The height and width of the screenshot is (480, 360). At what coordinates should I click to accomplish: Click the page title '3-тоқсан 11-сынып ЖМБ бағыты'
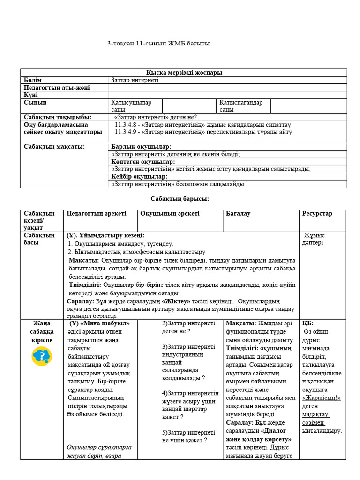(158, 44)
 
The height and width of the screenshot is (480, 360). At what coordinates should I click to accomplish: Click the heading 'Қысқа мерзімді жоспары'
(184, 73)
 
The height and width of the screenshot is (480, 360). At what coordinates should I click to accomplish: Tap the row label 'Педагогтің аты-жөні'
(57, 88)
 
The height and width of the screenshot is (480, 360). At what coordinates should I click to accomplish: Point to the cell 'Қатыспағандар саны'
(240, 106)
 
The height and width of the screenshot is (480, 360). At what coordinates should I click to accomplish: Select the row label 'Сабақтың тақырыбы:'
(57, 117)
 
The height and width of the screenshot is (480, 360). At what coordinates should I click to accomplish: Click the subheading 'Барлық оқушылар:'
(141, 147)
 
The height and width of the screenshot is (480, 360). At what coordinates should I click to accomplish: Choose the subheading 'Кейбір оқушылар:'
(139, 177)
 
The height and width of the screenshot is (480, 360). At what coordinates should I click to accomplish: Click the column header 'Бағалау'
(238, 214)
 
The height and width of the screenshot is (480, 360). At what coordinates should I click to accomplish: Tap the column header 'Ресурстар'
(317, 214)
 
